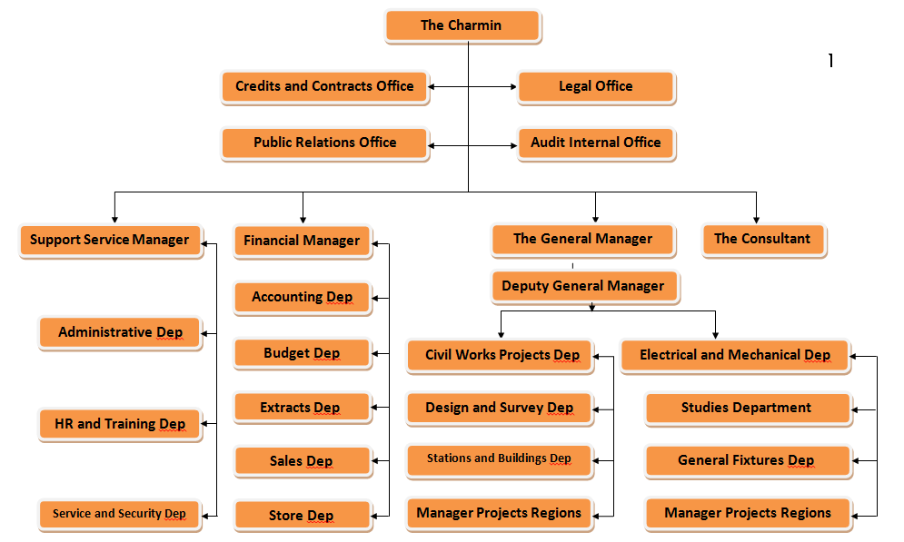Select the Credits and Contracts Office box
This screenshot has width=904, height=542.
324,87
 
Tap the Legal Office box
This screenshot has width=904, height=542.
596,87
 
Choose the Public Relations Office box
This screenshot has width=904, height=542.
324,143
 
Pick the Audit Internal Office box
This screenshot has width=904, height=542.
596,143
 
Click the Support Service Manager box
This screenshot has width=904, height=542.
111,241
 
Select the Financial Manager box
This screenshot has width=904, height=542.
303,241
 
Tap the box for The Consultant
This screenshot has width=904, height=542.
764,240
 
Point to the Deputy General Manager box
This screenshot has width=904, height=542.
585,286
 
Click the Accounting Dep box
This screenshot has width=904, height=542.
303,298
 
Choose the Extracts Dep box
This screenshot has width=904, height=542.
303,409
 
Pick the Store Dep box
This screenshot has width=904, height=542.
303,516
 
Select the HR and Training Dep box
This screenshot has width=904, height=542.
120,425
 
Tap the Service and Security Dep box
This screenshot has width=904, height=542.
120,515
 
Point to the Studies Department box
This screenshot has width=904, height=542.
748,409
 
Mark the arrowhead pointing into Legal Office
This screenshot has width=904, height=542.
513,87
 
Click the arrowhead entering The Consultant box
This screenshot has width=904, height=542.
756,220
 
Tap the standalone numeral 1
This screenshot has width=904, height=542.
830,61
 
